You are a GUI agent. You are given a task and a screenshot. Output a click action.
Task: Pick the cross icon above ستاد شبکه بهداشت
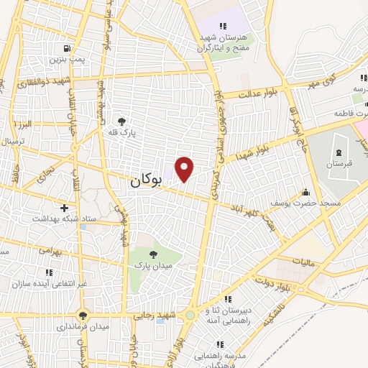(65, 208)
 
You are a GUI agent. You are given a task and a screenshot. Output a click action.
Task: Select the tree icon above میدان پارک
(152, 254)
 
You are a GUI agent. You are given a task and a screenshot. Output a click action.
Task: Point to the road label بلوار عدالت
(257, 93)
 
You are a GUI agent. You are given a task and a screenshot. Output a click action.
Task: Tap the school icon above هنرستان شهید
(223, 27)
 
